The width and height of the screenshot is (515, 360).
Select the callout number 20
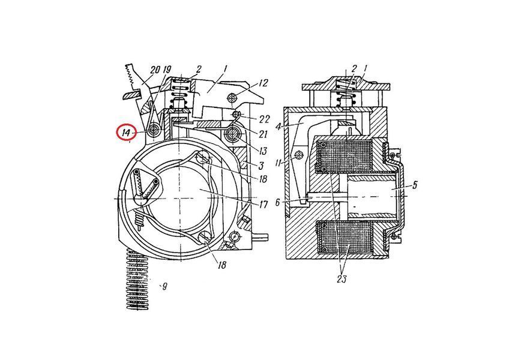[155, 70]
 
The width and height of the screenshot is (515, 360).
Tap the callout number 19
[167, 70]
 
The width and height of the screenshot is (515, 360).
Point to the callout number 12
[264, 83]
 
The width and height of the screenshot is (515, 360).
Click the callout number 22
[264, 119]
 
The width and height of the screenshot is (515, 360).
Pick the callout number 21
[264, 134]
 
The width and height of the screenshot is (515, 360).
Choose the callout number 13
[263, 151]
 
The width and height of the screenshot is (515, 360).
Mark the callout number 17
[264, 205]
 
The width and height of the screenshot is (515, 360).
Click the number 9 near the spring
[164, 286]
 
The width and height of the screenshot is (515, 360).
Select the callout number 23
[342, 279]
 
